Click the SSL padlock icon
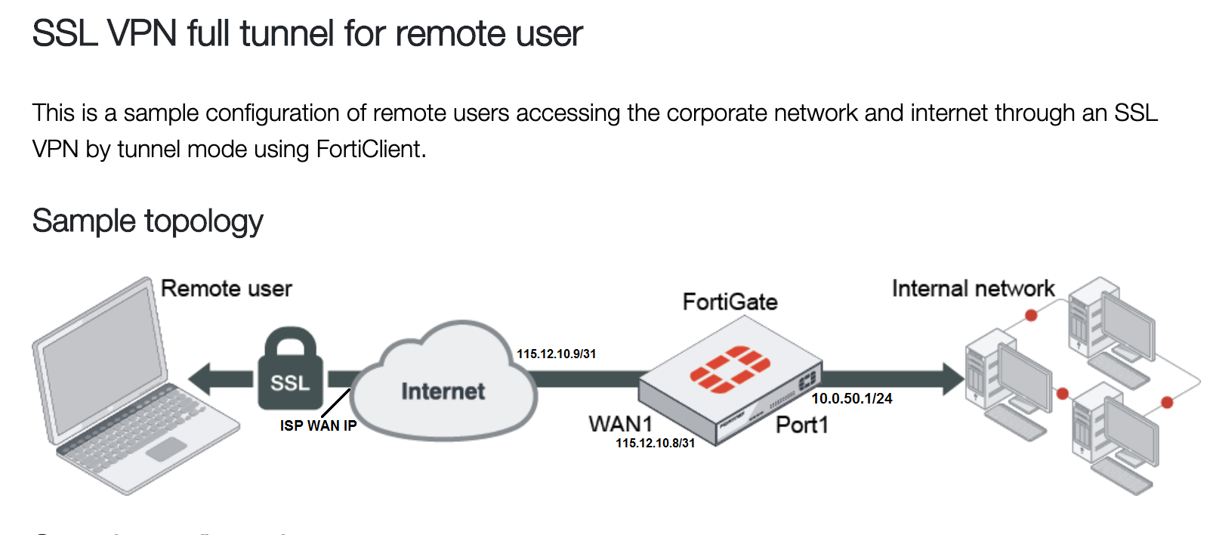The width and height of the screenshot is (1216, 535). coord(290,370)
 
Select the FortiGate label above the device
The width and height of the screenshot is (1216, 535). coord(730,302)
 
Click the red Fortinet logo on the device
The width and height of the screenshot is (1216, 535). coord(730,370)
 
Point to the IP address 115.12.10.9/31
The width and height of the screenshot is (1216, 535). coord(556,354)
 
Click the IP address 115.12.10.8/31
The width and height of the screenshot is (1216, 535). coord(655,443)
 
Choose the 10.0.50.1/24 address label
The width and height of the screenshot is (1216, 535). coord(851,398)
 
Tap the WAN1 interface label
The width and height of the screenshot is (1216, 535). coord(620,424)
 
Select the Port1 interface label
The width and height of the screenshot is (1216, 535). coord(801,425)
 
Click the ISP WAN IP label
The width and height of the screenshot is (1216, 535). coord(318,425)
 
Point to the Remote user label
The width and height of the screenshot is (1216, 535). coord(226,289)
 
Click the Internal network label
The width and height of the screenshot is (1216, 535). coord(973,289)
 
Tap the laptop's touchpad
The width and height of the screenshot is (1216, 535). coord(166,448)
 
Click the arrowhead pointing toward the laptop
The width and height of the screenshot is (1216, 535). coord(200,379)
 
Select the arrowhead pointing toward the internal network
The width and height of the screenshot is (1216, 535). coord(953,379)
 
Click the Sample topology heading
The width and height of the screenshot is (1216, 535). coord(147,221)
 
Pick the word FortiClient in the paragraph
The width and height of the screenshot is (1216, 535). coord(369,149)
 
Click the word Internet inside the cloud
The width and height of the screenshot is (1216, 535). coord(443,391)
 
